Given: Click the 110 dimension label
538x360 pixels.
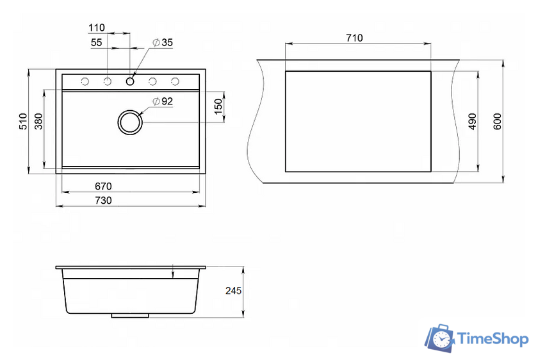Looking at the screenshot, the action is click(97, 28).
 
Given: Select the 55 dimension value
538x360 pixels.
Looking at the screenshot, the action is click(97, 42).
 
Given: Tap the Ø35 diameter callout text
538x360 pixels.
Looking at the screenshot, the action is click(163, 42).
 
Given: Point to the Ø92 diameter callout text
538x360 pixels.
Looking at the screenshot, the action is click(163, 101).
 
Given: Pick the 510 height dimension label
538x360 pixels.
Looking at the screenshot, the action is click(23, 121).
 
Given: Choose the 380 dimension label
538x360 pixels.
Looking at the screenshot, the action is click(38, 121).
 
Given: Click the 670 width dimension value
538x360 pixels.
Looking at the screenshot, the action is click(103, 186).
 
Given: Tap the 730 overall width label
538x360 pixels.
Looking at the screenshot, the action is click(103, 200).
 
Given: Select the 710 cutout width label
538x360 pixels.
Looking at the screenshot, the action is click(354, 38).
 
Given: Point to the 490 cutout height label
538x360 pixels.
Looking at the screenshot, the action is click(473, 122).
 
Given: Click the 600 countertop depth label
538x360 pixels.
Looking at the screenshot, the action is click(497, 122).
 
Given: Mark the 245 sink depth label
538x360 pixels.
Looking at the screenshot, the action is click(233, 291).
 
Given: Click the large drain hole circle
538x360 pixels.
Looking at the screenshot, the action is click(130, 122).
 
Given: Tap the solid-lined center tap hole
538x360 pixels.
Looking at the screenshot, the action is click(130, 81).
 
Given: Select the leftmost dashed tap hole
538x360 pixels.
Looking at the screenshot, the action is click(85, 81).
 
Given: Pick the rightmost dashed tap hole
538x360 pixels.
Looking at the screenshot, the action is click(175, 81).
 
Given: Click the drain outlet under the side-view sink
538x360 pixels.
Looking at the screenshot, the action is click(130, 315).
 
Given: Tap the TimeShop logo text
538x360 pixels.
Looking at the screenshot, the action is click(493, 339).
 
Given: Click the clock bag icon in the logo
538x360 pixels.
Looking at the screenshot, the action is click(440, 338).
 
